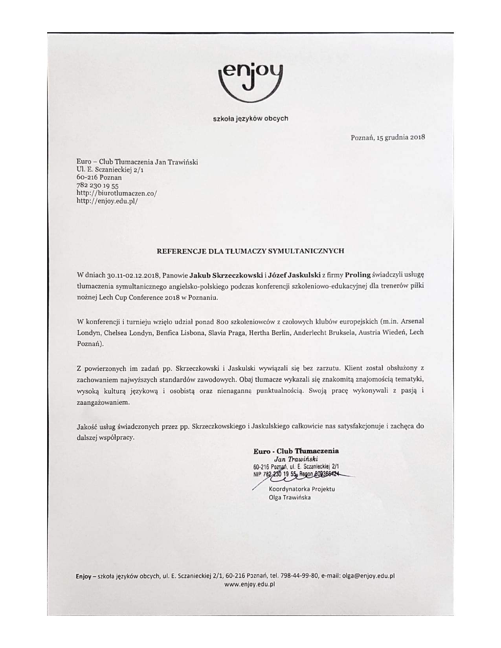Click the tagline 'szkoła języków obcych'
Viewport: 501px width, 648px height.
point(250,118)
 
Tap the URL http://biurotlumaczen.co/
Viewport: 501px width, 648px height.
point(117,193)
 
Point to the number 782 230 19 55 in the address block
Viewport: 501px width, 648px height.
point(97,185)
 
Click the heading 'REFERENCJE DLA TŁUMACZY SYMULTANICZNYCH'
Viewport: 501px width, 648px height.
point(250,251)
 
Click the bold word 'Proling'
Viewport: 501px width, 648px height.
point(358,275)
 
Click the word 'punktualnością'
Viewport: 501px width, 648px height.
point(280,391)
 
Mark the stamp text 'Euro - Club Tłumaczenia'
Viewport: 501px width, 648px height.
point(296,451)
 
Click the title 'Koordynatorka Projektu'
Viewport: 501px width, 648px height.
point(302,489)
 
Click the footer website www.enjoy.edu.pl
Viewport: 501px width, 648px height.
point(250,584)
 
